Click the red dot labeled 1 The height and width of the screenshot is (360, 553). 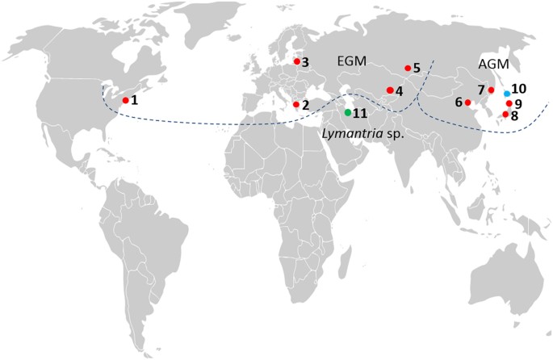pyautogui.click(x=125, y=100)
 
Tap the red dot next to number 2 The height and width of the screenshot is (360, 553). pyautogui.click(x=296, y=104)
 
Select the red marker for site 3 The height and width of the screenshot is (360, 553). pyautogui.click(x=296, y=61)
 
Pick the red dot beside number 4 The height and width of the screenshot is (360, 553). pyautogui.click(x=389, y=90)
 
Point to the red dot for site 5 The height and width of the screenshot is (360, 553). pyautogui.click(x=407, y=69)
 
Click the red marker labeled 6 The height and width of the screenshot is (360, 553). pyautogui.click(x=467, y=103)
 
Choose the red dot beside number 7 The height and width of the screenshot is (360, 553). pyautogui.click(x=491, y=90)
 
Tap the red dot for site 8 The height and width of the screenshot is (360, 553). pyautogui.click(x=505, y=115)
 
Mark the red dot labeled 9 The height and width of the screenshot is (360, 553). pyautogui.click(x=509, y=103)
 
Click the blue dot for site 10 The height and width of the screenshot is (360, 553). pyautogui.click(x=506, y=94)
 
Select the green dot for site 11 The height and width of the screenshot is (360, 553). pyautogui.click(x=348, y=112)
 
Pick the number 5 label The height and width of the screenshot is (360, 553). pyautogui.click(x=417, y=69)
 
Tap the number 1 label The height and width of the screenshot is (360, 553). pyautogui.click(x=135, y=100)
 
